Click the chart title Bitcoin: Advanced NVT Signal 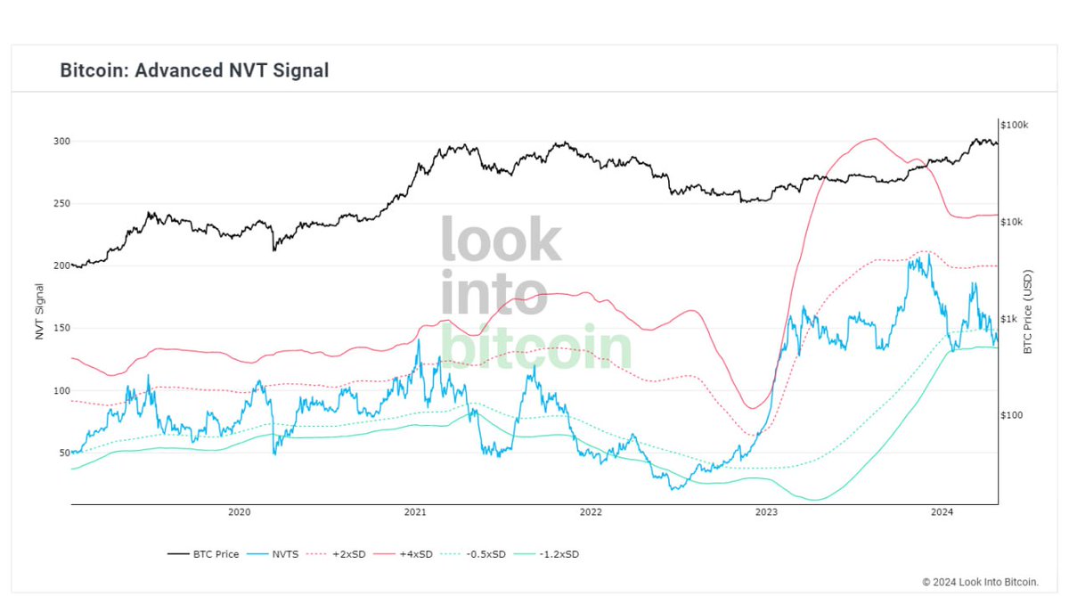[x=194, y=69]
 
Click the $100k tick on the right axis [x=1015, y=124]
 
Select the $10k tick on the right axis [x=1012, y=221]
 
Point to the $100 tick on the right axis [x=1011, y=415]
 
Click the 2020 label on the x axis [x=239, y=512]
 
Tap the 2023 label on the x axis [x=766, y=512]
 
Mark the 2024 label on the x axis [x=943, y=512]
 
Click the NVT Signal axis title [x=39, y=311]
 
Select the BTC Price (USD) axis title [x=1027, y=312]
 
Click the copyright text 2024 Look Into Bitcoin [x=980, y=581]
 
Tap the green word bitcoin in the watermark [x=536, y=347]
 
